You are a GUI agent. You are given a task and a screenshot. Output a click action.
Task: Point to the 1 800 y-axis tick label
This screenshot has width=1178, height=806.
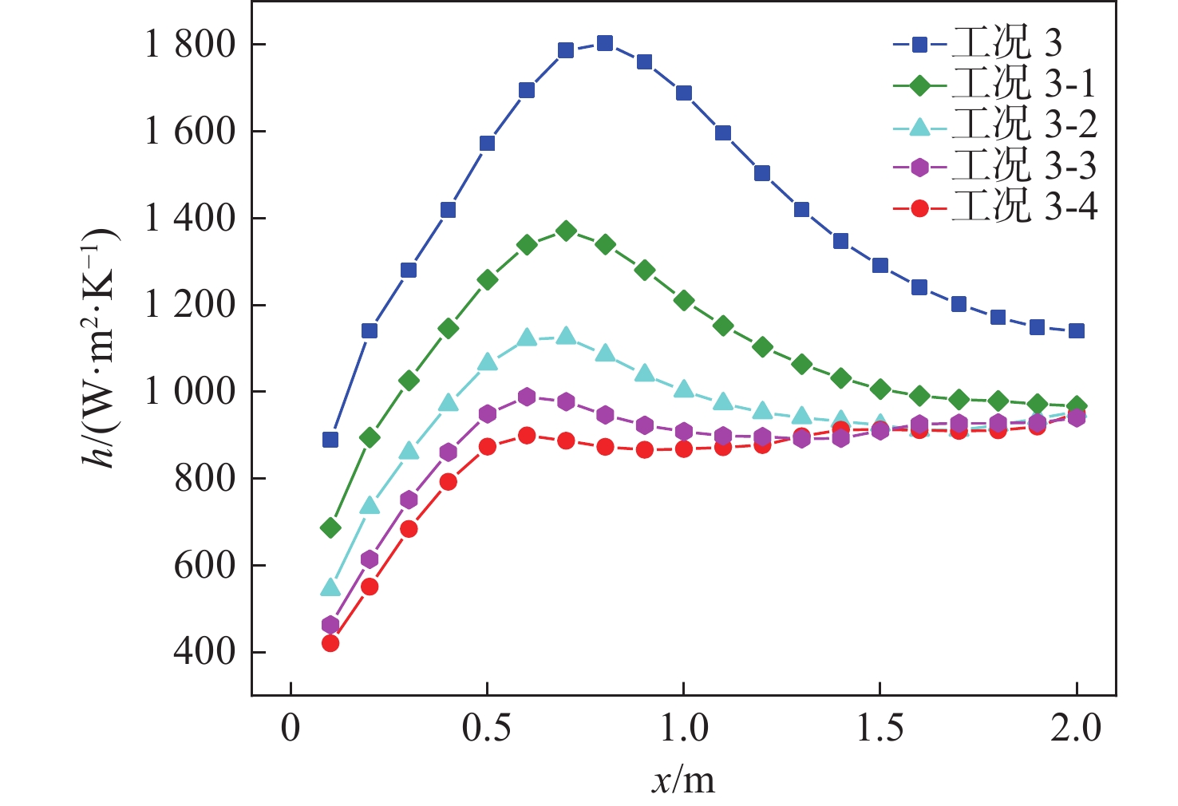(179, 45)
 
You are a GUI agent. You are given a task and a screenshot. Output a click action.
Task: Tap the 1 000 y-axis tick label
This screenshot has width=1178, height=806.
(179, 392)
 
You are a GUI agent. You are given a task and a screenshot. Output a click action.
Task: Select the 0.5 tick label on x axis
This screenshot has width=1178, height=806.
(487, 729)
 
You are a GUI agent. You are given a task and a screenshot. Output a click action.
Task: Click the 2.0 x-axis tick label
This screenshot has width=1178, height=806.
(1076, 729)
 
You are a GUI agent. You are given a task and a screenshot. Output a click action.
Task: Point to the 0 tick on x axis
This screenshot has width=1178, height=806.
(291, 729)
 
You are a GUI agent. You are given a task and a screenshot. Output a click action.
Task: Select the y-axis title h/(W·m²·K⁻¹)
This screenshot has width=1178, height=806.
(102, 348)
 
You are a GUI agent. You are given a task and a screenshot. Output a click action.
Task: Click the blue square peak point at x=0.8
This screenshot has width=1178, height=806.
(605, 43)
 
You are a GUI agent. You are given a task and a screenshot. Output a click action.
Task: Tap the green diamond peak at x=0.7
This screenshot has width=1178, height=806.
(566, 231)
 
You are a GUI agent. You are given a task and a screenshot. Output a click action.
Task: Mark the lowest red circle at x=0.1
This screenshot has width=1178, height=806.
(330, 643)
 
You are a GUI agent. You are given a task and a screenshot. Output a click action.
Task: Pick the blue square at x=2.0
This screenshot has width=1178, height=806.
(1076, 330)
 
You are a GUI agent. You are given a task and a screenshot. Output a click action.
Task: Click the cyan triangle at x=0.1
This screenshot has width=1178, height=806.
(330, 588)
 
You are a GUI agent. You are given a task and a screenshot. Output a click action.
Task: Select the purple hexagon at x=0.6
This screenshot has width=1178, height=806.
(527, 397)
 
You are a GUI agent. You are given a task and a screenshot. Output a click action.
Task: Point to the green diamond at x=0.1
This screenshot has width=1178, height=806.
(330, 527)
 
